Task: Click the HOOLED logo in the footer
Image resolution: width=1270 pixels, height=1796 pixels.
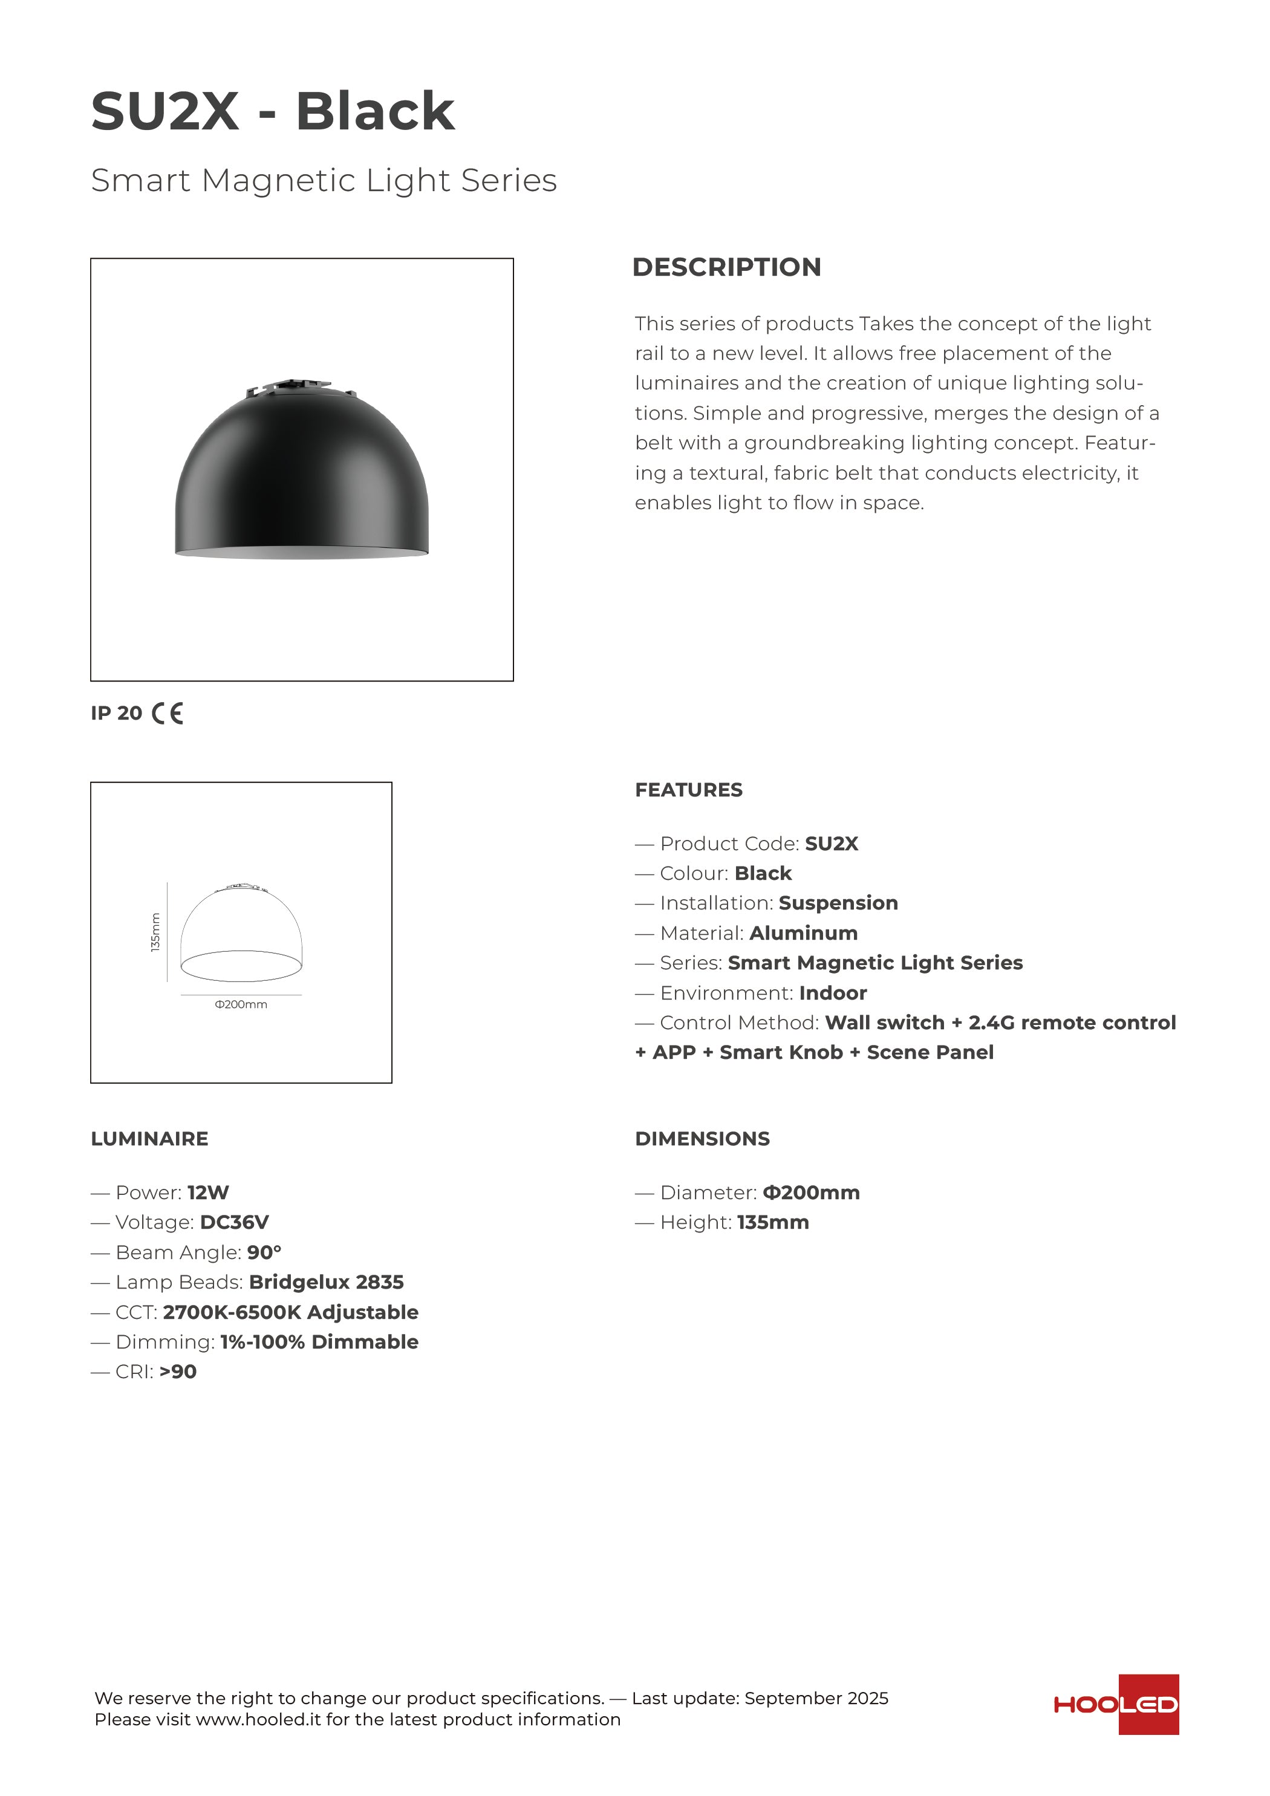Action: click(x=1116, y=1705)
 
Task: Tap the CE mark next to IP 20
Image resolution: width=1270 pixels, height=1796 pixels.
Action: click(x=168, y=714)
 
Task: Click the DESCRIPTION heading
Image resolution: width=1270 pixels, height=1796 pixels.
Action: click(x=726, y=267)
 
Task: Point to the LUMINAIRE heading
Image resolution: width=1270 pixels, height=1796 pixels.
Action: click(x=149, y=1139)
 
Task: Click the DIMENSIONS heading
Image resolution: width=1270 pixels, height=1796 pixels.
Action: click(x=702, y=1139)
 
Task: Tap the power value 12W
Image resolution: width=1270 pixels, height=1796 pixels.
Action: click(x=208, y=1193)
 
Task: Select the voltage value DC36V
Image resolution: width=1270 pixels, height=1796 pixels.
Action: click(x=234, y=1223)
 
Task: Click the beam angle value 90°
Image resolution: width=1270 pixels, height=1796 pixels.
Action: click(x=264, y=1252)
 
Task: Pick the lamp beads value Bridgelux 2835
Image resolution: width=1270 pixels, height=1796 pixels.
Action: click(x=327, y=1282)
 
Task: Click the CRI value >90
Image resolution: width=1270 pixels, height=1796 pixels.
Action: click(x=178, y=1371)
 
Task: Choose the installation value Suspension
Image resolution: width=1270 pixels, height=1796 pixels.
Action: click(x=838, y=903)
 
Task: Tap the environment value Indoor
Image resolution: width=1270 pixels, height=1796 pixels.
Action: click(x=833, y=994)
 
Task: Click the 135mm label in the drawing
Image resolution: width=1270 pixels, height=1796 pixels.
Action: click(x=155, y=932)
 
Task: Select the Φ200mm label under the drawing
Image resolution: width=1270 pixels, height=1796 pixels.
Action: click(x=241, y=1004)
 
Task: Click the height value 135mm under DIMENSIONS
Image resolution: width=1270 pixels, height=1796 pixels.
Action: click(x=772, y=1223)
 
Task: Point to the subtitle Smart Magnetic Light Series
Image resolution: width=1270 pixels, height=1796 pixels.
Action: click(x=324, y=181)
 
